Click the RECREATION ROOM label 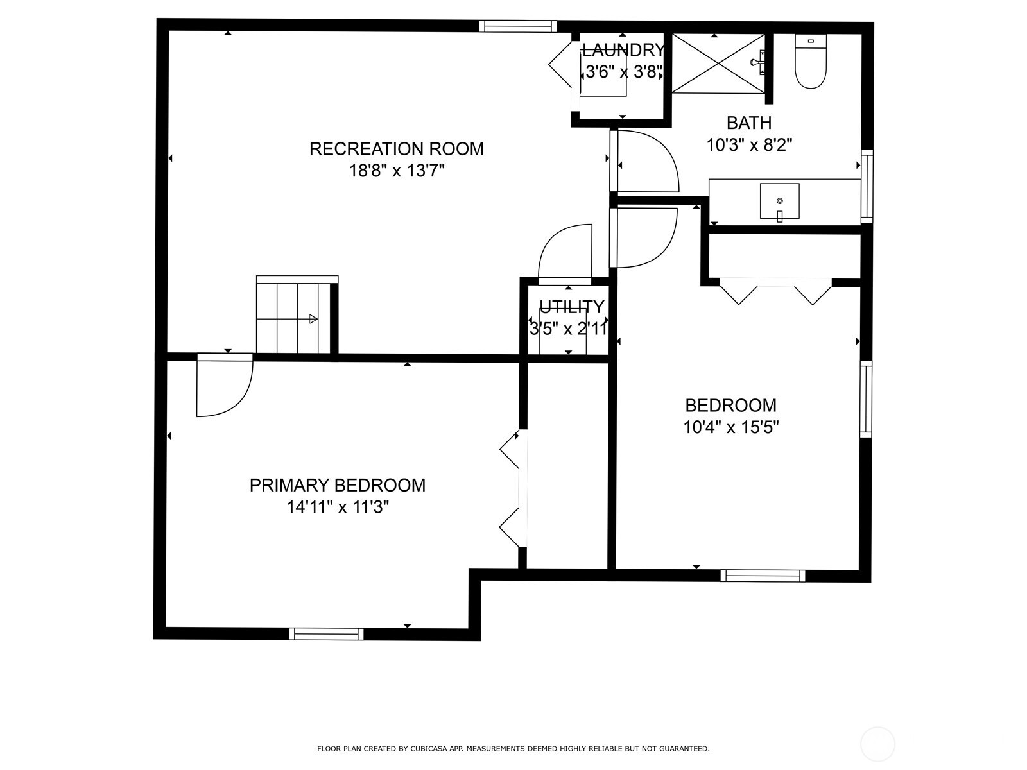396,149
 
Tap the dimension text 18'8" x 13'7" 396,171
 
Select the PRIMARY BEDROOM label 338,485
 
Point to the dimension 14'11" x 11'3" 338,507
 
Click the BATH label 748,123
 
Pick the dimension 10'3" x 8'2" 748,145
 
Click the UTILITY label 572,307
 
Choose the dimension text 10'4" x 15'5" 731,427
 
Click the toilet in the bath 811,61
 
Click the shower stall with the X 719,64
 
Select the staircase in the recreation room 297,314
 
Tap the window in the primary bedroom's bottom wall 326,633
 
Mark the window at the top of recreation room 518,26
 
